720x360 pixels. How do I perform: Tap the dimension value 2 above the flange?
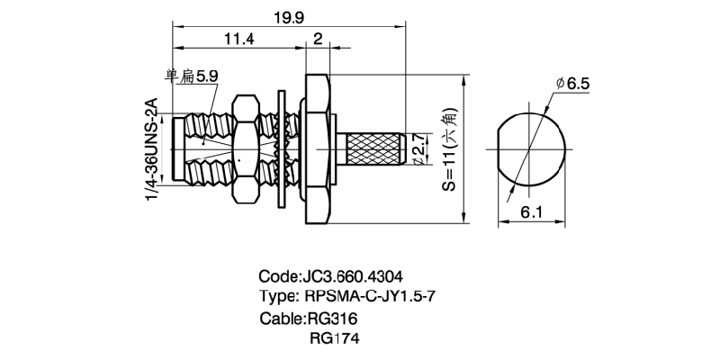[319, 38]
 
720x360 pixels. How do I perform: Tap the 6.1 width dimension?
[531, 211]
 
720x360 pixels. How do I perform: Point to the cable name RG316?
[332, 319]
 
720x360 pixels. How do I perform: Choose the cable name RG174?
[332, 339]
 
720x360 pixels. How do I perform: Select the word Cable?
[280, 319]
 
